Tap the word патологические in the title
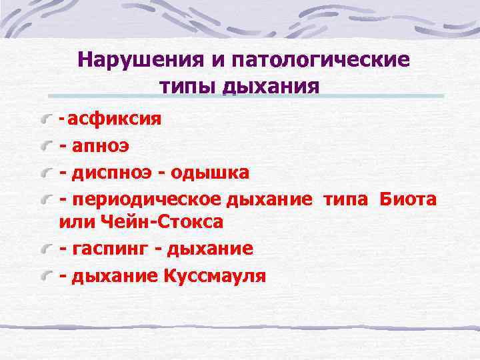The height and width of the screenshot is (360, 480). click(321, 61)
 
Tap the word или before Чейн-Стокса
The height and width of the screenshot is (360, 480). click(75, 221)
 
